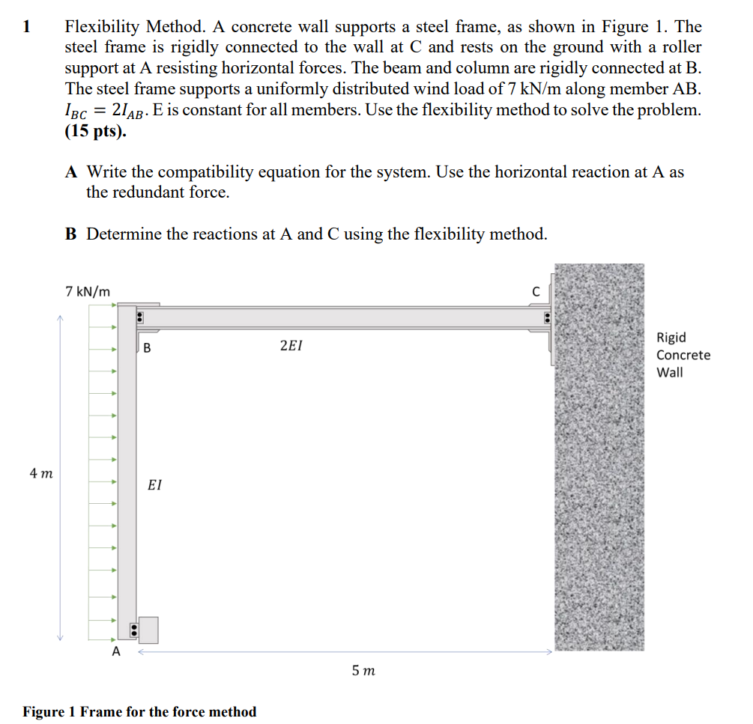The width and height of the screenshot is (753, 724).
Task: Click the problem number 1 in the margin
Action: click(28, 28)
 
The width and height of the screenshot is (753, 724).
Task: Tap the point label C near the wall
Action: click(535, 290)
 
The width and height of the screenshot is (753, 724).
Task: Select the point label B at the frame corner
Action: click(147, 347)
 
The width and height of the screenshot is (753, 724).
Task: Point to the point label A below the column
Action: click(115, 651)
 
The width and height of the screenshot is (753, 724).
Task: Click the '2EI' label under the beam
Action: click(291, 346)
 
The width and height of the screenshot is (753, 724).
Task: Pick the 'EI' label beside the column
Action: click(154, 485)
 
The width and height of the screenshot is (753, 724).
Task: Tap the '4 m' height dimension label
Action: click(41, 473)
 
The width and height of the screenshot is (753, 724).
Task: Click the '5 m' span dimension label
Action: click(363, 671)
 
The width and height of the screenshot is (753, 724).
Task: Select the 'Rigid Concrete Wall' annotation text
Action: click(683, 355)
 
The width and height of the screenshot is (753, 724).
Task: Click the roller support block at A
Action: click(148, 630)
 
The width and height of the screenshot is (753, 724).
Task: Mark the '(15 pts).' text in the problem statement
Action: click(96, 132)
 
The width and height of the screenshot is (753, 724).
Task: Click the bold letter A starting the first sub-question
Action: click(72, 172)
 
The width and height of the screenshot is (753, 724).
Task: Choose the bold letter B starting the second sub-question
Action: click(71, 234)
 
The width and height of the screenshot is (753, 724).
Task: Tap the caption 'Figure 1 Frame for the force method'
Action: click(139, 711)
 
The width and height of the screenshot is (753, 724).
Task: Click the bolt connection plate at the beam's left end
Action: click(139, 318)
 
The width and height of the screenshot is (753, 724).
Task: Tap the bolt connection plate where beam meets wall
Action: click(548, 320)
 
